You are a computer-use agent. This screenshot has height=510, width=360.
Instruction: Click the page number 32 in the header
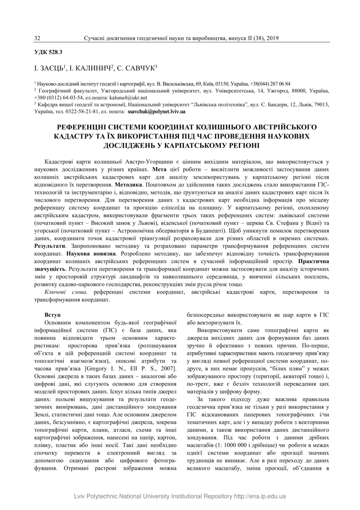tap(37, 38)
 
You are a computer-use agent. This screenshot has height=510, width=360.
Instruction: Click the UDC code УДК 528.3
tap(48, 52)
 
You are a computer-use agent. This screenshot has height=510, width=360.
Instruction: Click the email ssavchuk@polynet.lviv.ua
tap(157, 111)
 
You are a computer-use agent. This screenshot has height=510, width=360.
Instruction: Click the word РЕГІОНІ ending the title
tap(239, 146)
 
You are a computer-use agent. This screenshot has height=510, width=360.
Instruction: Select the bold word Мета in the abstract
tap(159, 169)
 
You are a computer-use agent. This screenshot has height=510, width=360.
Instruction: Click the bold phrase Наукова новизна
tap(88, 254)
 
